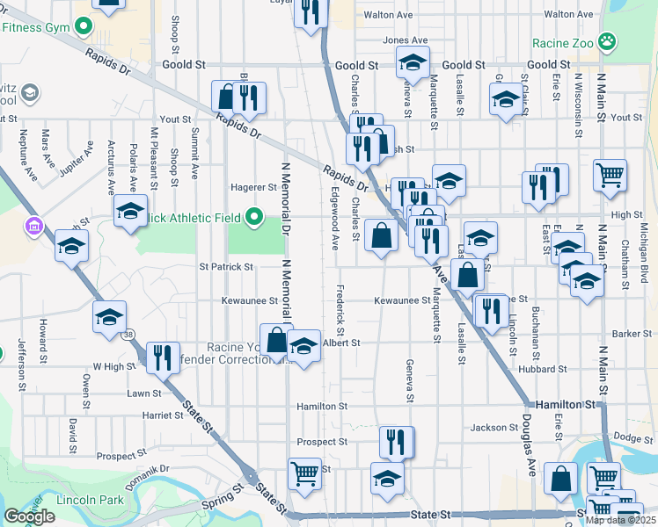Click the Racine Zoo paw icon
pyautogui.click(x=606, y=41)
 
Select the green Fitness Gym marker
pyautogui.click(x=84, y=26)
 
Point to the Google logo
pyautogui.click(x=29, y=516)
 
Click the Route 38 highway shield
pyautogui.click(x=129, y=335)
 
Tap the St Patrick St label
pyautogui.click(x=226, y=266)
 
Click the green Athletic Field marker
pyautogui.click(x=254, y=215)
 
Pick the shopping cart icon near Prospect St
pyautogui.click(x=304, y=474)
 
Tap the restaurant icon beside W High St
pyautogui.click(x=163, y=357)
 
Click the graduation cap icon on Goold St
pyautogui.click(x=411, y=61)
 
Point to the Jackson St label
pyautogui.click(x=494, y=428)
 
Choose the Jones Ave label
pyautogui.click(x=405, y=40)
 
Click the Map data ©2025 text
pyautogui.click(x=619, y=520)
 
